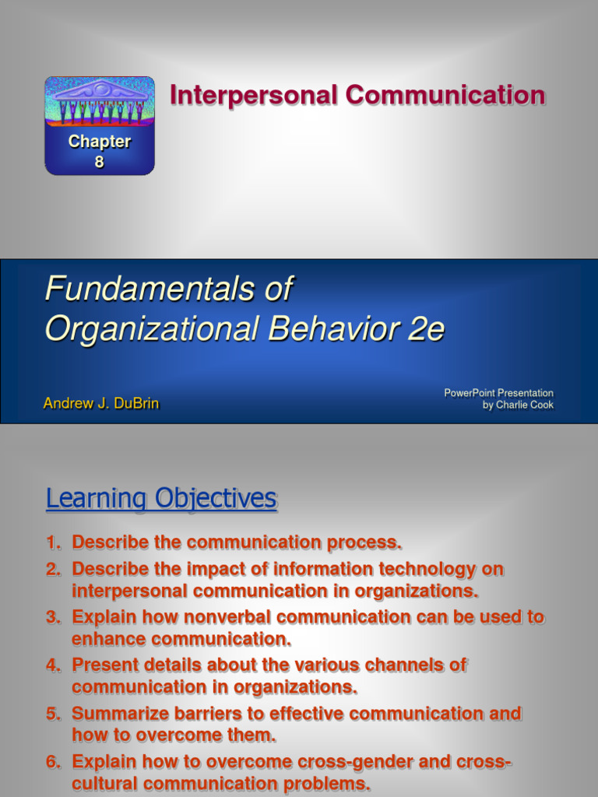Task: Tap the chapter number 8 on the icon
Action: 99,162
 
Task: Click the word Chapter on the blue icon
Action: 99,142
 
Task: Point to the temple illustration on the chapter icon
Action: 99,101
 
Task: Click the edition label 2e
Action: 426,329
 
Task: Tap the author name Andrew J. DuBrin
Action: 101,404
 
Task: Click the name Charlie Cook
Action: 525,406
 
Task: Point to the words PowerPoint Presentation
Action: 498,393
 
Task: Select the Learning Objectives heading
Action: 161,498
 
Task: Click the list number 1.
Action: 52,542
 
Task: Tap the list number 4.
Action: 52,665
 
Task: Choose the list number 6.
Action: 52,762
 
